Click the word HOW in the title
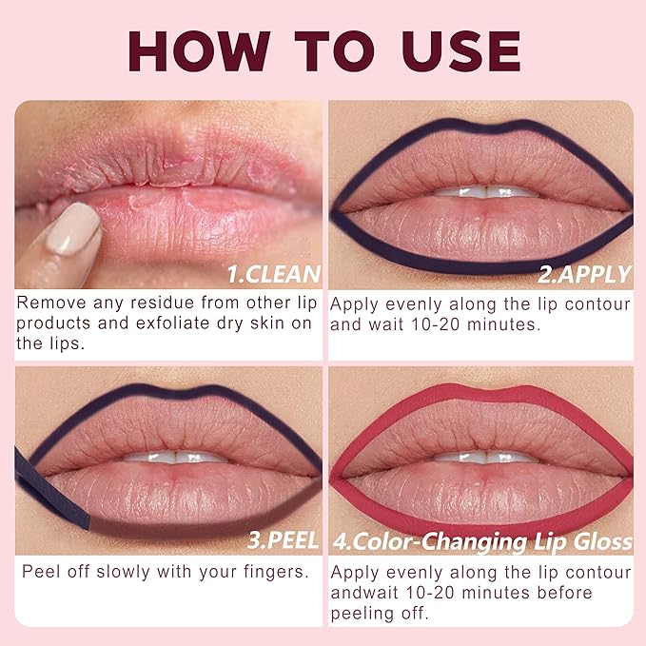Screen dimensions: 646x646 click(199, 51)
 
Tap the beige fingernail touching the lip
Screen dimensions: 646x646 click(73, 228)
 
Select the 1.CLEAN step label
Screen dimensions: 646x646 click(274, 274)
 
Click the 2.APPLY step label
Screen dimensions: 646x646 click(584, 274)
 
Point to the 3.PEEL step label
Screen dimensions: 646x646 click(283, 540)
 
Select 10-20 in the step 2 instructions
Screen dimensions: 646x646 click(436, 324)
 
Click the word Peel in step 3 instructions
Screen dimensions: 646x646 click(42, 572)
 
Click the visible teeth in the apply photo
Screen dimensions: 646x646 click(486, 192)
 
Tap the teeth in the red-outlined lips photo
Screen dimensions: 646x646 click(486, 458)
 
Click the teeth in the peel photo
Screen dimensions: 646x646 click(176, 458)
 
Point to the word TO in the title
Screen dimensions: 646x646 click(335, 51)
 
